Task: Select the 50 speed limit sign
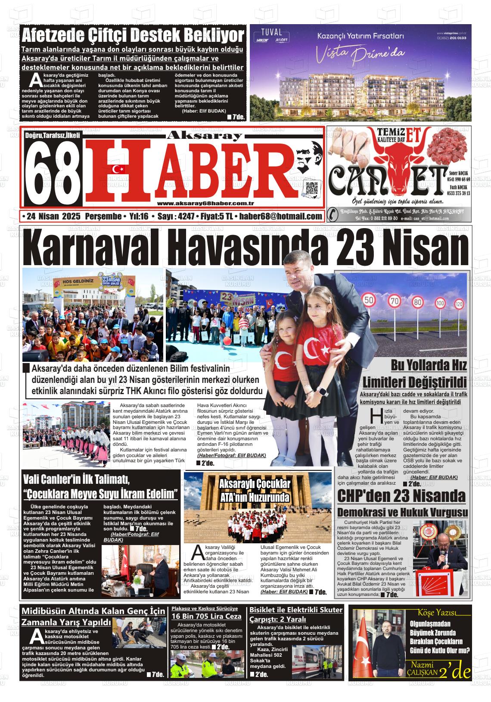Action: click(368, 300)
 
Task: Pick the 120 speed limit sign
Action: click(459, 304)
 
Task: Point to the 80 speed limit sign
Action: click(417, 302)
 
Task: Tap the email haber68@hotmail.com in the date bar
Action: click(280, 216)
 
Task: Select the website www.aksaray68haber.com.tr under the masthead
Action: click(205, 204)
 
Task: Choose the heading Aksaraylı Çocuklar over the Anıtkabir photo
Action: click(255, 484)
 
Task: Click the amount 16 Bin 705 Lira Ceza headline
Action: click(206, 616)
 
